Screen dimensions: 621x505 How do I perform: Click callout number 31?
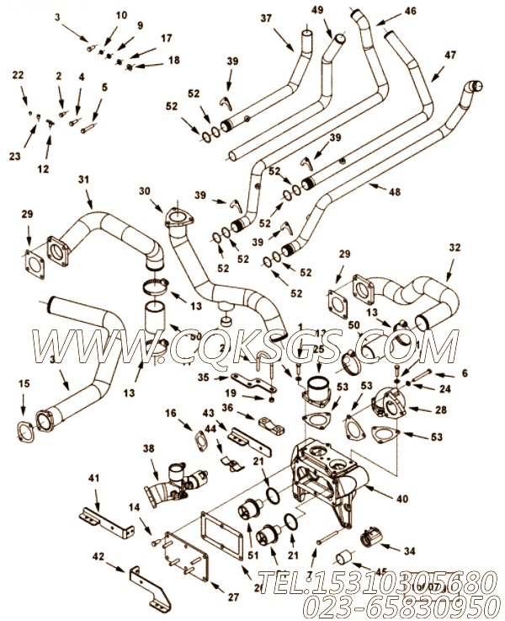click(x=83, y=179)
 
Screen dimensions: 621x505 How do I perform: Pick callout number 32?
click(x=454, y=249)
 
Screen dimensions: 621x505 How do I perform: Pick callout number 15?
click(x=24, y=383)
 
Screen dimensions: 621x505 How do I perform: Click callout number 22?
click(x=19, y=76)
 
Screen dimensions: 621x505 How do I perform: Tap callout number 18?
click(x=173, y=60)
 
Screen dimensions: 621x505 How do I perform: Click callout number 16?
click(x=172, y=413)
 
